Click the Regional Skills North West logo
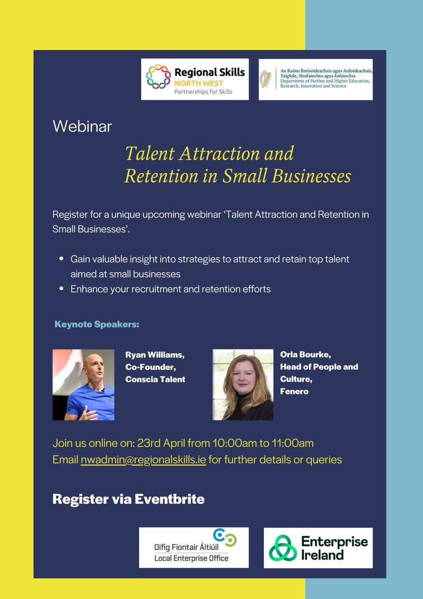click(x=195, y=79)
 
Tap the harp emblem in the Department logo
click(x=265, y=79)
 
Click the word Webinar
click(x=82, y=126)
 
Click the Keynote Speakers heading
click(x=97, y=324)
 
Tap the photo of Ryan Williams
click(x=83, y=384)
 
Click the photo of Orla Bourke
click(x=243, y=384)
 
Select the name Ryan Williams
click(x=155, y=355)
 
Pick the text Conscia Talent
click(x=155, y=379)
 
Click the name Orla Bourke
click(x=305, y=355)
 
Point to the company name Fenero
click(x=294, y=391)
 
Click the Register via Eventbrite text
click(x=128, y=499)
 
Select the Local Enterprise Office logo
click(x=194, y=548)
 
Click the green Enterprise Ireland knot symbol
click(x=283, y=548)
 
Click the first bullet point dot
click(x=61, y=259)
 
